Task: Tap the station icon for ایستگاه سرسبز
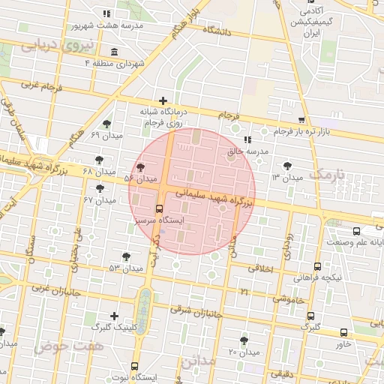(x=159, y=209)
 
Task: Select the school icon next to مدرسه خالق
(x=247, y=139)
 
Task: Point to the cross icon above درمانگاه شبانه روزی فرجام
(x=163, y=100)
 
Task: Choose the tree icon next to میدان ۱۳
(x=288, y=166)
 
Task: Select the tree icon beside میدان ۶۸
(x=100, y=159)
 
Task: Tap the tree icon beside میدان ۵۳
(x=126, y=257)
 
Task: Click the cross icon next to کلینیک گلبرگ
(x=114, y=316)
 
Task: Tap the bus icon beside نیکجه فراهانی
(x=317, y=266)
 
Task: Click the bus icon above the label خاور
(x=343, y=332)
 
